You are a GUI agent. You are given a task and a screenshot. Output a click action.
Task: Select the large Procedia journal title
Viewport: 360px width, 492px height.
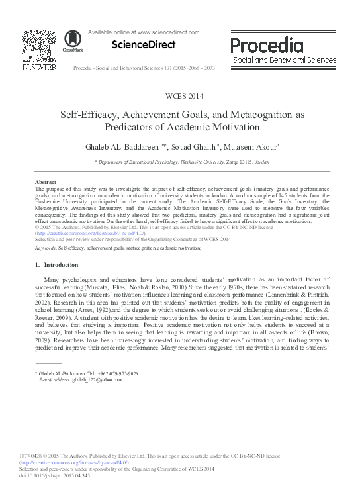pos(267,45)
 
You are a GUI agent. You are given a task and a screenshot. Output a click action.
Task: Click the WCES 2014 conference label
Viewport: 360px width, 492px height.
pos(180,96)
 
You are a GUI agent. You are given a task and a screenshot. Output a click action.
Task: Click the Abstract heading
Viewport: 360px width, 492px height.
pos(45,182)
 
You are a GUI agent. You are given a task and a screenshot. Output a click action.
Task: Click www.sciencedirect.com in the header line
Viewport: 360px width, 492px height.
pos(168,32)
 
